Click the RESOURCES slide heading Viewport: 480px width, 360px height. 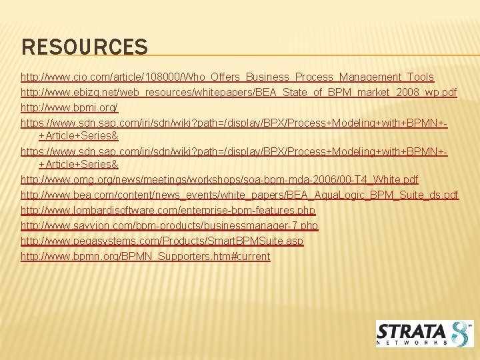tap(85, 47)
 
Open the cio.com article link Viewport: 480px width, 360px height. tap(227, 77)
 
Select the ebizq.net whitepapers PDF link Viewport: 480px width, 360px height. tap(239, 92)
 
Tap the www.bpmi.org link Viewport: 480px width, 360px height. tap(69, 107)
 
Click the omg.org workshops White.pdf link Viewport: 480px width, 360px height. tap(219, 179)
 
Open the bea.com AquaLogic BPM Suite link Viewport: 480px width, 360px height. tap(239, 195)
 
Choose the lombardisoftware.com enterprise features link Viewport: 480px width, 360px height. tap(168, 211)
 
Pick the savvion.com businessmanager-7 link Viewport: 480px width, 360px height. tap(169, 226)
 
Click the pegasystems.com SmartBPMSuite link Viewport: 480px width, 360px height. tap(162, 241)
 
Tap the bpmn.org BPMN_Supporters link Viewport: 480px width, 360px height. tap(145, 256)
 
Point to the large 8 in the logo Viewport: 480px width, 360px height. tap(461, 333)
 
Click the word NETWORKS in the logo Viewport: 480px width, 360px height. tap(412, 343)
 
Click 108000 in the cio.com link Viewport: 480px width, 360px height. tap(155, 77)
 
